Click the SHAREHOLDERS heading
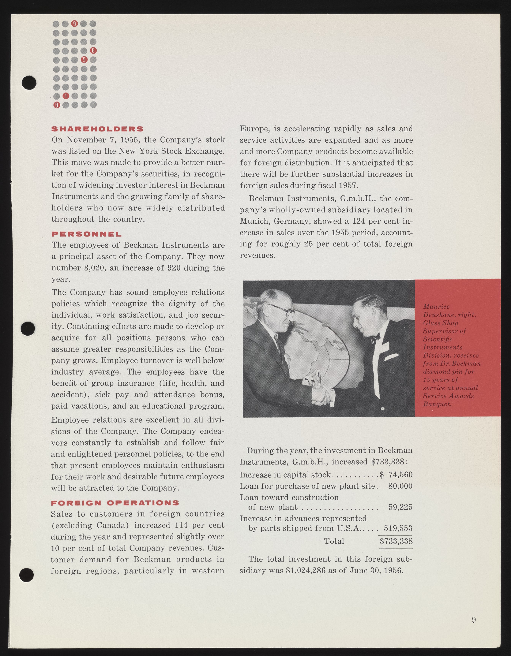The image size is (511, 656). click(97, 129)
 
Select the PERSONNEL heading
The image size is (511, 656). click(87, 234)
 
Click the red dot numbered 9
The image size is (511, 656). click(75, 23)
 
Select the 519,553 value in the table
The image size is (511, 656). click(398, 528)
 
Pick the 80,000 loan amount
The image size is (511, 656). click(400, 486)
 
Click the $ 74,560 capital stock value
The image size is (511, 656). click(396, 475)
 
